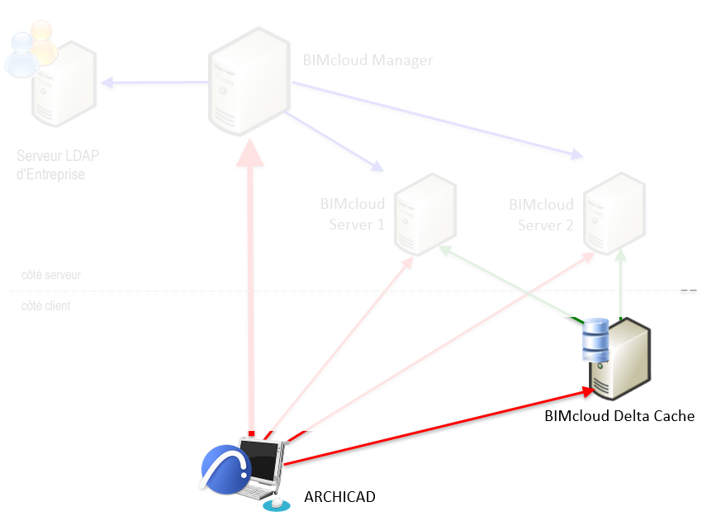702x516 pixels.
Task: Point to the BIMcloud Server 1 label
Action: (x=353, y=214)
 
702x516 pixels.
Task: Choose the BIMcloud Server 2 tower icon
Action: (x=614, y=212)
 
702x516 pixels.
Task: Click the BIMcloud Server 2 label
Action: (x=541, y=214)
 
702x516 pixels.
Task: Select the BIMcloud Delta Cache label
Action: (x=619, y=416)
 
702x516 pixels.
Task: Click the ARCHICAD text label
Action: (x=339, y=496)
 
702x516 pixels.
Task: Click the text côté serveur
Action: (x=51, y=275)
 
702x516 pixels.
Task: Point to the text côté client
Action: (x=46, y=305)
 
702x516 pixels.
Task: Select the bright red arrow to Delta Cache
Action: (x=438, y=425)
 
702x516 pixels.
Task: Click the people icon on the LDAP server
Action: (x=30, y=50)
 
